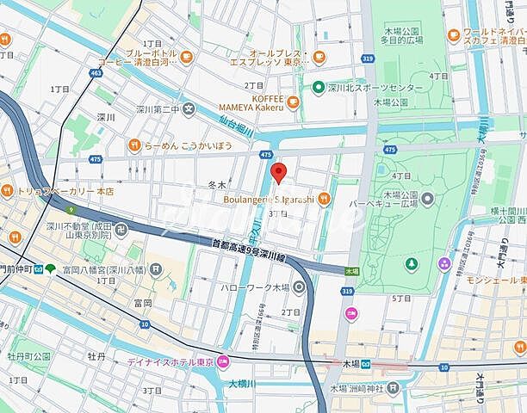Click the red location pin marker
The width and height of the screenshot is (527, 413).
pyautogui.click(x=277, y=171)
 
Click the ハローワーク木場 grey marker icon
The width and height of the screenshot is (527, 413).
pyautogui.click(x=299, y=287)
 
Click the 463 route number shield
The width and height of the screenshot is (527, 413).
pyautogui.click(x=96, y=75)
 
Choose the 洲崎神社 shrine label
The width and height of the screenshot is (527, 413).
pyautogui.click(x=363, y=395)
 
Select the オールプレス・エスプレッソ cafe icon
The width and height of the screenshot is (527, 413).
pyautogui.click(x=319, y=57)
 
